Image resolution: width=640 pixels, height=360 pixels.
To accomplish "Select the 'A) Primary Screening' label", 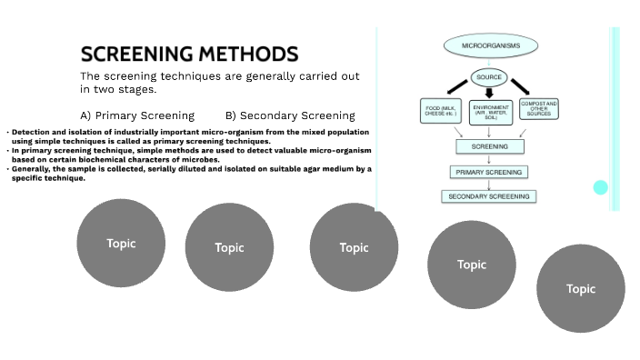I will click(x=137, y=115).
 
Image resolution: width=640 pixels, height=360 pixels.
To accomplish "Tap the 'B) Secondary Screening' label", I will click(x=290, y=115).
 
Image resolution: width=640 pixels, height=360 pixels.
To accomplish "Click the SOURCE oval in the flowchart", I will click(x=489, y=77).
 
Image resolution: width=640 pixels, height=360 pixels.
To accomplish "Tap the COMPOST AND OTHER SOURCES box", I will click(x=538, y=111).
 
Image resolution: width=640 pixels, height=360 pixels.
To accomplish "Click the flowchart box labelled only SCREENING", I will click(x=490, y=145).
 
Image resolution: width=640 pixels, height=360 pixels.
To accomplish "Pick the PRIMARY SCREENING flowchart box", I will click(x=489, y=171).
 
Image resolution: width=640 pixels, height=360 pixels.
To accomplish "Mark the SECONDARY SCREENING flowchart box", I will click(x=489, y=196).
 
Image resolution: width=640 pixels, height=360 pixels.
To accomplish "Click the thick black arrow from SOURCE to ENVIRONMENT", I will click(x=490, y=93).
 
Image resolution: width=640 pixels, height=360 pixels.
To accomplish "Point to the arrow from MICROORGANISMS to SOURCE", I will click(x=489, y=62).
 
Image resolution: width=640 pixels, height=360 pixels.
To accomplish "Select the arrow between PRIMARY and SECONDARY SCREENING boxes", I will click(x=489, y=184).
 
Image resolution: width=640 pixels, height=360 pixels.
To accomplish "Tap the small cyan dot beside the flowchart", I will click(x=600, y=187).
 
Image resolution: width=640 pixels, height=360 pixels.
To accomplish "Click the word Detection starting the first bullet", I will click(x=32, y=134).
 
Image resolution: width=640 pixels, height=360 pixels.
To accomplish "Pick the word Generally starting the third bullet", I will click(x=34, y=169).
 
